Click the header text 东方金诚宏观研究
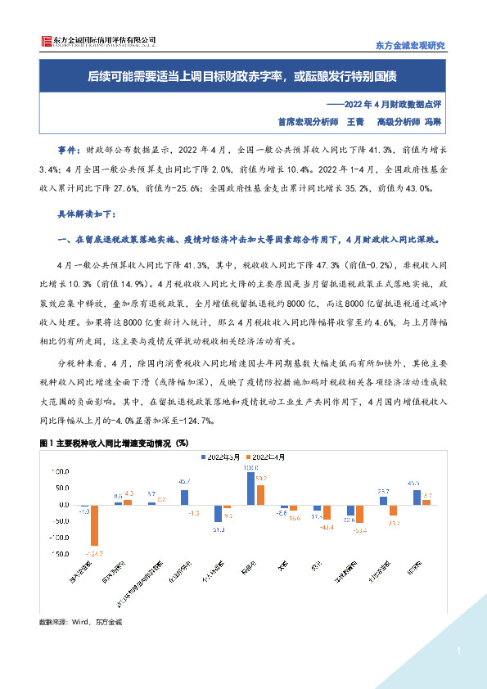point(409,46)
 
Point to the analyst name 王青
point(354,121)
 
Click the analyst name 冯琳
point(432,121)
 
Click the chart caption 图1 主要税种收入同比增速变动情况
point(114,442)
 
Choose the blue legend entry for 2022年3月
point(214,456)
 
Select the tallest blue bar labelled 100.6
point(250,489)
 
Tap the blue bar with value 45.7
point(184,497)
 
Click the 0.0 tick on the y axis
point(60,505)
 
